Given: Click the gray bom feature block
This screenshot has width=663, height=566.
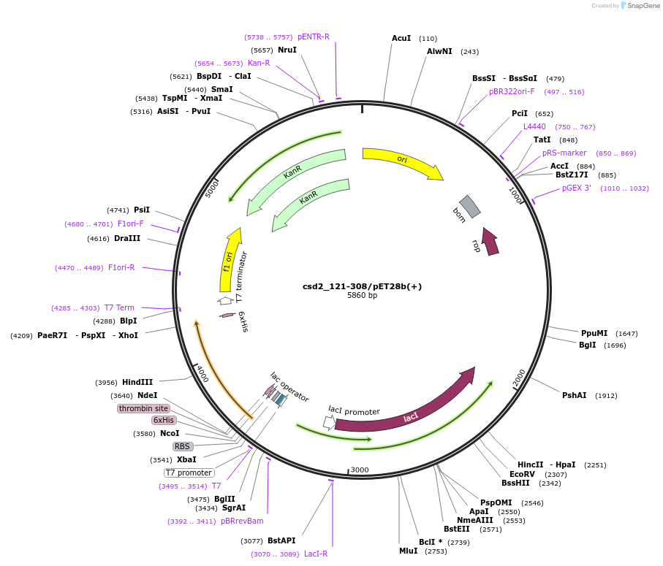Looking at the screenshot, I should point(470,206).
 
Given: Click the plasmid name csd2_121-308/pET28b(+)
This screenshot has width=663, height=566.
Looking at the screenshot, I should point(362,286).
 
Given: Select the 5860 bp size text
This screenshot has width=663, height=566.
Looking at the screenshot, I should point(362,296).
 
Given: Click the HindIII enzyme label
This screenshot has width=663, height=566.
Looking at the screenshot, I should point(137,382).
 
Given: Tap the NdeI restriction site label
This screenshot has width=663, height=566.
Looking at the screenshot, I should point(147,395).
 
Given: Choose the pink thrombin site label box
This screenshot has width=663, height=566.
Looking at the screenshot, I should point(143,408).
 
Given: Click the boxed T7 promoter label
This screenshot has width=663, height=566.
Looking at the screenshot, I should point(189,473).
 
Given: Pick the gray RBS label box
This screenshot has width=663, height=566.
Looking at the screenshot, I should point(182,446).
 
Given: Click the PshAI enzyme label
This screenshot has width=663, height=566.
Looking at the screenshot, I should point(574,395).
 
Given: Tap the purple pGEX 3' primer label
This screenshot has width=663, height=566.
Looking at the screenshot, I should point(577,188).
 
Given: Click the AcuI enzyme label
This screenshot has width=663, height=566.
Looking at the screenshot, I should point(401,38).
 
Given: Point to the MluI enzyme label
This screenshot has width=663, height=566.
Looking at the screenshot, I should point(408,551).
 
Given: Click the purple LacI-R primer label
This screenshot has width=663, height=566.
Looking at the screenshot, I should point(316,554).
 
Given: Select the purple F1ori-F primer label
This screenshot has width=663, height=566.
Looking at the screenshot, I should point(131,223).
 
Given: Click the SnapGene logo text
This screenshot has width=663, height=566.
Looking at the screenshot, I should point(643,6).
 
